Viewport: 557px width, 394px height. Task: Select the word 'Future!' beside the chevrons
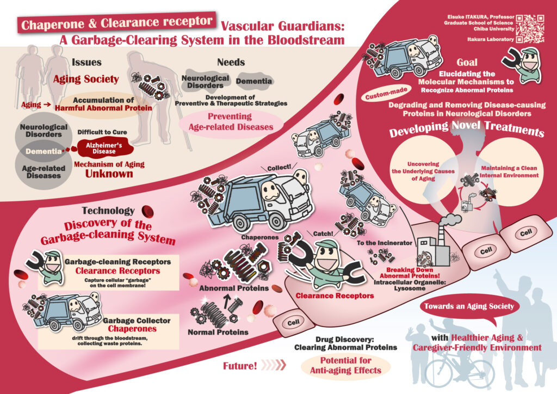coord(239,366)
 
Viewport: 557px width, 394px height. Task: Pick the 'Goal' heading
coord(467,62)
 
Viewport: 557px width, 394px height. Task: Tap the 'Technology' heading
coord(108,211)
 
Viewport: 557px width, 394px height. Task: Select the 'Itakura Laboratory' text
coord(490,39)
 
